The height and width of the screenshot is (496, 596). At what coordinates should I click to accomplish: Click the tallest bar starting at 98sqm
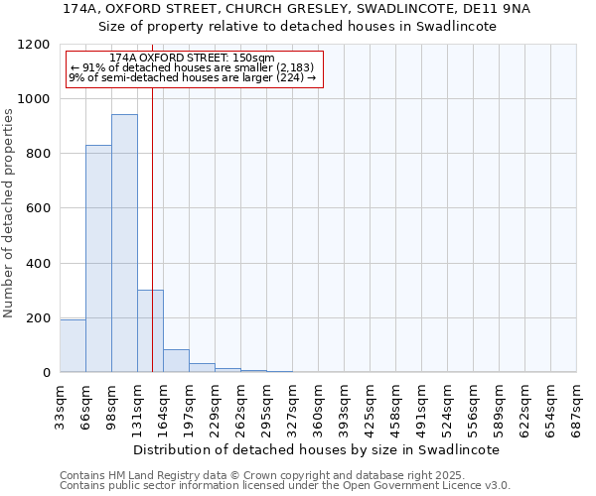coord(124,243)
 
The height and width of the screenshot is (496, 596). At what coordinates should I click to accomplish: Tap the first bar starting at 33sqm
coord(73,345)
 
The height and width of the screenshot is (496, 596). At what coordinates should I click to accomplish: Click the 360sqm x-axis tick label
coord(318,408)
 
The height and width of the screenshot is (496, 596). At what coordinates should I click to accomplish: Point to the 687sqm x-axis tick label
coord(576,408)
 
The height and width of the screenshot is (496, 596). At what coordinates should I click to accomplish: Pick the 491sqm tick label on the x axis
coord(421,408)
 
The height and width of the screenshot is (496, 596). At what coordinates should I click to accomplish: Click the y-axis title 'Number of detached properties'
coord(9,213)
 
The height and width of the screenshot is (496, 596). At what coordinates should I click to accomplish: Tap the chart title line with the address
coord(298,9)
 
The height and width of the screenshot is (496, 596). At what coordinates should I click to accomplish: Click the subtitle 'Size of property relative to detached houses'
coord(298,27)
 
